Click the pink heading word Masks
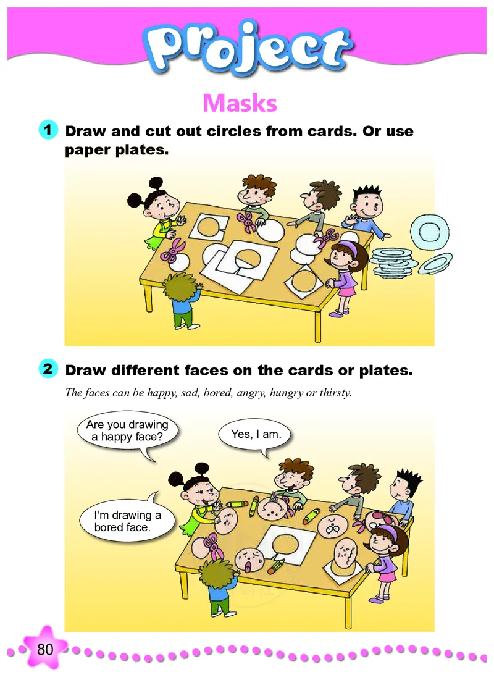coord(240,104)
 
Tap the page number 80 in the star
coord(45,649)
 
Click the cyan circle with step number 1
coord(48,130)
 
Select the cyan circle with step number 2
coord(48,369)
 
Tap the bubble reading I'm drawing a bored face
coord(127,520)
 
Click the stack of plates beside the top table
coord(393,263)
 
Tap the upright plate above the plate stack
coord(430,231)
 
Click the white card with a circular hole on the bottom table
coord(287,545)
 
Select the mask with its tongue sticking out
coord(249,560)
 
